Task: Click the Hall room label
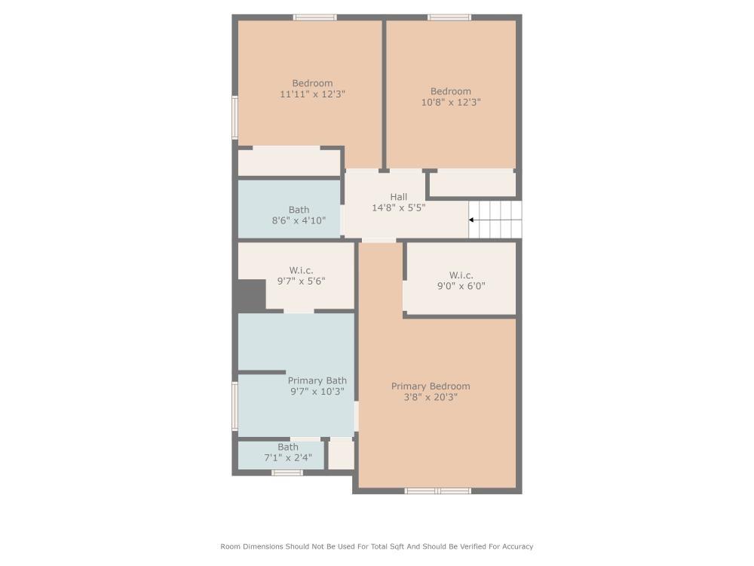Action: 399,197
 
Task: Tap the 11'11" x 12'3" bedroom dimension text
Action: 312,94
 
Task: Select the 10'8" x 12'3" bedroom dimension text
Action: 451,102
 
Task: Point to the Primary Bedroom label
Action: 431,386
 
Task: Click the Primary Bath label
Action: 317,381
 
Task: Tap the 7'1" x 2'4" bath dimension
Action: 288,457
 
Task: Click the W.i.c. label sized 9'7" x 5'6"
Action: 301,270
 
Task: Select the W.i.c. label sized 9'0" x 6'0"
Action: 461,275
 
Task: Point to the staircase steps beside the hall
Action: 495,220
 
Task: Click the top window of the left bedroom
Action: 314,17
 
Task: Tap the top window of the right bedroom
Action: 449,17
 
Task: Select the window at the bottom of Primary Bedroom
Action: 437,491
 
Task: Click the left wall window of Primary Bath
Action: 234,406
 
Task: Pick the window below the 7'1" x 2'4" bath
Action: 287,472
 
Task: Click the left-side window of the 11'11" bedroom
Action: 234,117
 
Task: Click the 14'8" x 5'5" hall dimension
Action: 399,208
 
